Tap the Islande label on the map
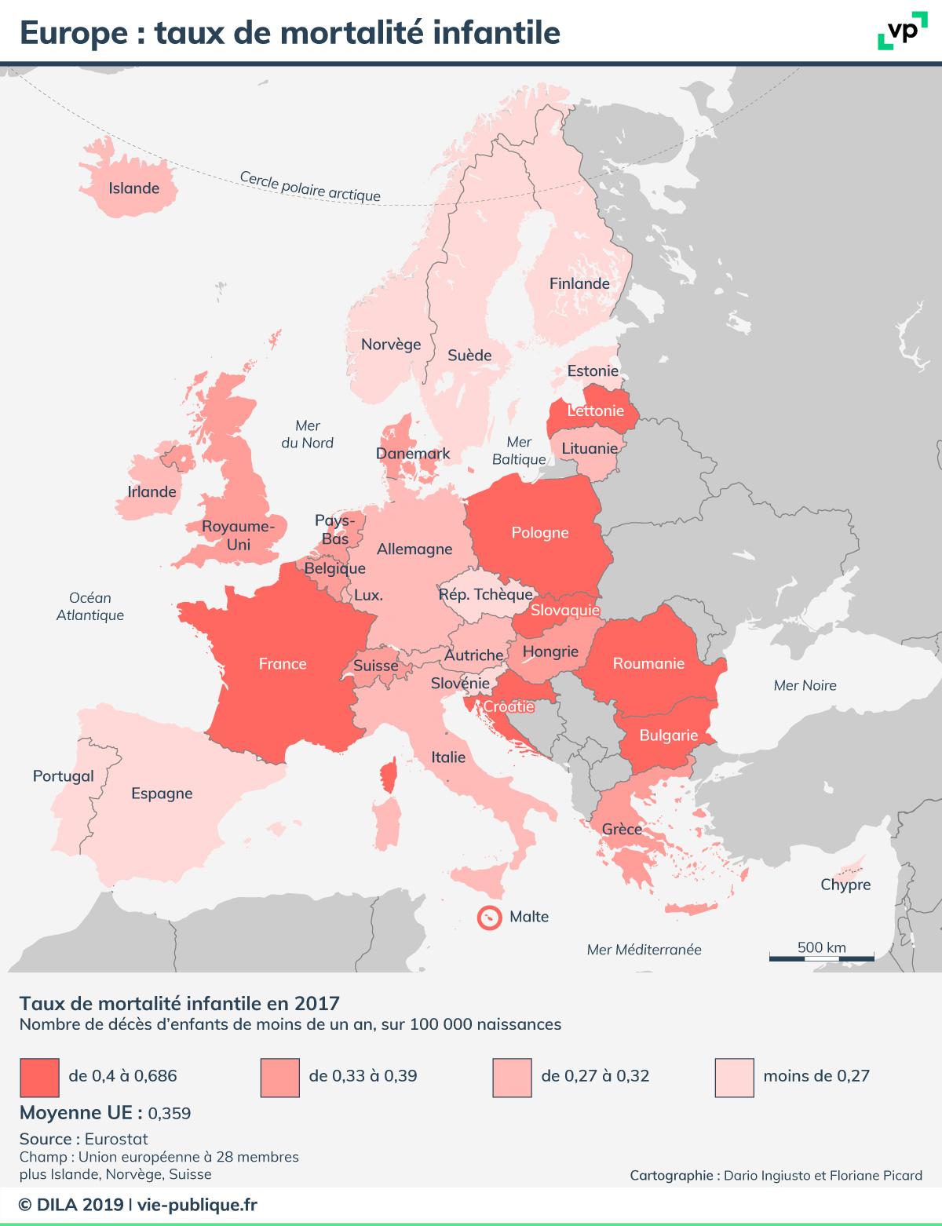133,188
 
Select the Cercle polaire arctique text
309,187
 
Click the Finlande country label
579,284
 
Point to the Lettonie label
595,410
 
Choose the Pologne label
539,533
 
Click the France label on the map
283,664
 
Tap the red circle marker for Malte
490,918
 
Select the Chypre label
845,885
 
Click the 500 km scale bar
821,957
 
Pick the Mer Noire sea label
805,685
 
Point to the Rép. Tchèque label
485,594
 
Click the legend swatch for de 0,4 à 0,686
39,1076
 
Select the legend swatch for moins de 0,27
735,1076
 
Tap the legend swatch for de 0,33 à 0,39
279,1076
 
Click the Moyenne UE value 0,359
169,1114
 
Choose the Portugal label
63,776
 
